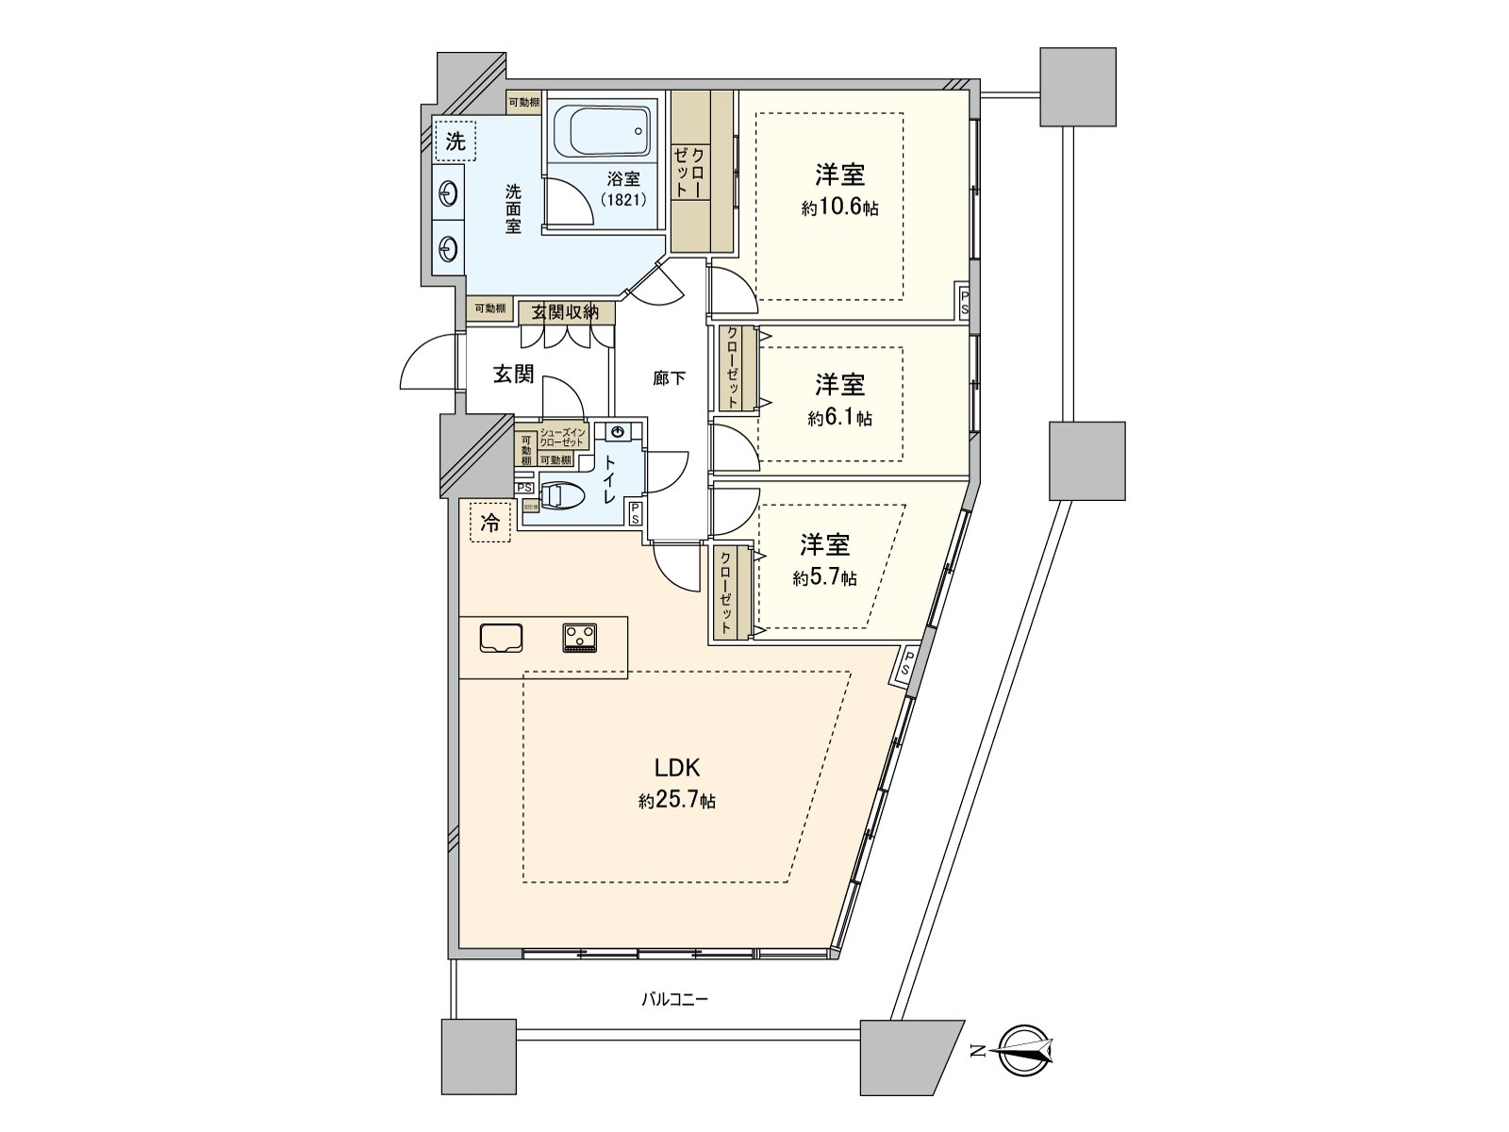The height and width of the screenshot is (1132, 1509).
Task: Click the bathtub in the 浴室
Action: click(603, 133)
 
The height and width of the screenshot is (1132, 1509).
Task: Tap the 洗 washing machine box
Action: click(456, 142)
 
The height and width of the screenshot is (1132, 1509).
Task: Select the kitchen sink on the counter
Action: click(501, 638)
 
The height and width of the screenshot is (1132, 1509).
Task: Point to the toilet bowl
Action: click(565, 496)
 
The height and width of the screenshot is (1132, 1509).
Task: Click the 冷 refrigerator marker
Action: click(490, 523)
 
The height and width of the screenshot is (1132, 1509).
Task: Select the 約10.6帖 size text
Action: click(839, 208)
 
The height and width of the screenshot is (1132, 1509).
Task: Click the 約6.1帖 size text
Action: click(839, 418)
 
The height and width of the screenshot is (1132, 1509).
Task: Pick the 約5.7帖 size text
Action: click(825, 578)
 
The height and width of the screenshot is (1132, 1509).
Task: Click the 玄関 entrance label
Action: click(513, 375)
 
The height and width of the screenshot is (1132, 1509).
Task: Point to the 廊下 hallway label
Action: click(669, 379)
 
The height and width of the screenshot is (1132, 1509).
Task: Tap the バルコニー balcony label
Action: click(674, 999)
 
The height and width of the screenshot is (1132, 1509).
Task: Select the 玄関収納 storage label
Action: click(565, 312)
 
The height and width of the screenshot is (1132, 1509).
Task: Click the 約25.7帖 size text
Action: click(676, 802)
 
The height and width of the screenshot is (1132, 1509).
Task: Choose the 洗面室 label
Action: click(512, 208)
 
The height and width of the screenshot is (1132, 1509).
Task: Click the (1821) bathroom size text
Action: click(623, 200)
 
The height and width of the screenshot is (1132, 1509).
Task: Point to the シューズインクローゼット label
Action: click(563, 438)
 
